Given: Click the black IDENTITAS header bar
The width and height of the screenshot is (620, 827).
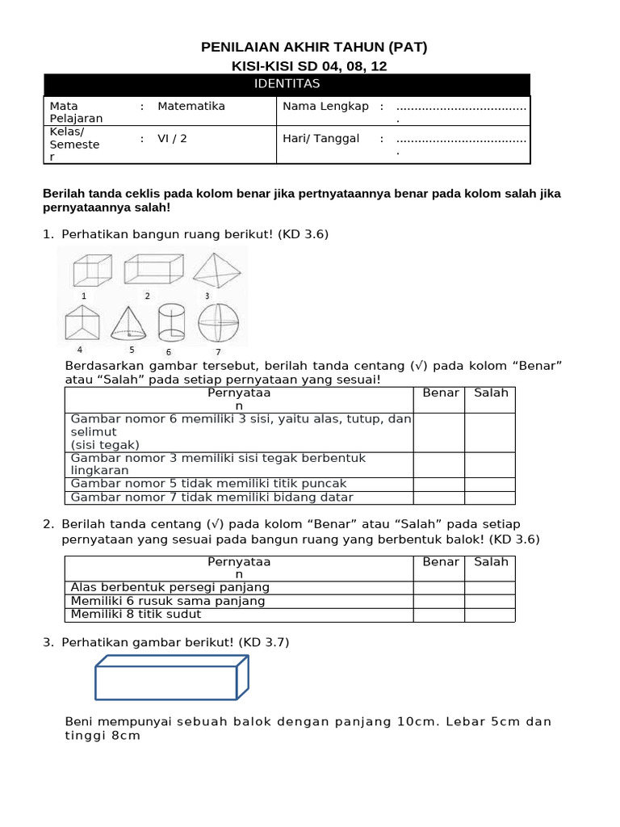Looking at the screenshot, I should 287,84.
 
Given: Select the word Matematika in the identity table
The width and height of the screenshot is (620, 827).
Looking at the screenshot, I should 191,106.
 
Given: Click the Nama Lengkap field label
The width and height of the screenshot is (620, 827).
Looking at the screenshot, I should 325,106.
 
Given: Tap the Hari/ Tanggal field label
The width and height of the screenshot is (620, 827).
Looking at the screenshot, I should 320,138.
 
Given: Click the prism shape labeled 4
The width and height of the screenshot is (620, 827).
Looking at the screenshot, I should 82,324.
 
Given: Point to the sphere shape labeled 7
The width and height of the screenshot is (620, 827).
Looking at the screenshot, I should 218,324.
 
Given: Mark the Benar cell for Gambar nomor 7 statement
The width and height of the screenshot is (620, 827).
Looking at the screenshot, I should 439,497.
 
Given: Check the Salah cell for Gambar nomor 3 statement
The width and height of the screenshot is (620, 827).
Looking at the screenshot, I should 490,464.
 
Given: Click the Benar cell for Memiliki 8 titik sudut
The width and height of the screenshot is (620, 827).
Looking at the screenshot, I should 439,615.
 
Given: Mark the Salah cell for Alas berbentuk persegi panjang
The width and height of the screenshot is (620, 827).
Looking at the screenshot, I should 490,588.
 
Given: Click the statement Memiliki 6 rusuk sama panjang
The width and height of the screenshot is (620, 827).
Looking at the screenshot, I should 168,601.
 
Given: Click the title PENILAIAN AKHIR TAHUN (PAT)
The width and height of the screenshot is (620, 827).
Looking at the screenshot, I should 313,48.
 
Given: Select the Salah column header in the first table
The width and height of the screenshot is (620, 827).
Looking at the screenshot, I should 491,393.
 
